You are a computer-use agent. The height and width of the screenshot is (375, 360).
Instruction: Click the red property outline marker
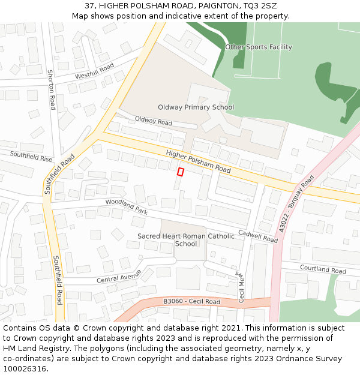click(180, 172)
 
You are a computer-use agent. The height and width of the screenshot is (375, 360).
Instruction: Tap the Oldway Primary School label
click(196, 107)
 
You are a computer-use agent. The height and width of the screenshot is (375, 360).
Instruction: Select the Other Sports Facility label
click(259, 47)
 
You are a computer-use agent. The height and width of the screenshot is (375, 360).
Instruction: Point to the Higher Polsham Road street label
click(198, 161)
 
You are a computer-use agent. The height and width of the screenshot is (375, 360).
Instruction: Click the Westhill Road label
click(94, 72)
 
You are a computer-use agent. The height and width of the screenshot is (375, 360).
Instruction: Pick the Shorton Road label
click(52, 89)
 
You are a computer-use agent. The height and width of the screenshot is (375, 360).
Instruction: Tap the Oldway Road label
click(153, 121)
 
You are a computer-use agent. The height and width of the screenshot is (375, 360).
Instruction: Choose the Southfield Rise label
click(31, 157)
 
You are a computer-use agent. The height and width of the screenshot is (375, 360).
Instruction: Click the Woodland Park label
click(126, 207)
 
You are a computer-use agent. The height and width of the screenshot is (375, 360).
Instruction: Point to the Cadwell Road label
click(258, 236)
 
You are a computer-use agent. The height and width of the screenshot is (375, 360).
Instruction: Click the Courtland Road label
click(323, 270)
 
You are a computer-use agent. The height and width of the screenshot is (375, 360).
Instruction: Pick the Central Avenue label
click(119, 276)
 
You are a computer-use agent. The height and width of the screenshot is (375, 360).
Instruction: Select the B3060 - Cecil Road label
click(191, 302)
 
